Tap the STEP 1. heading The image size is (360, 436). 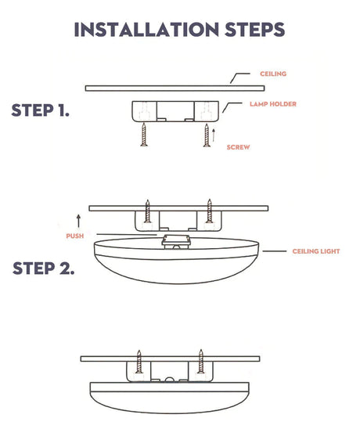tap(40, 110)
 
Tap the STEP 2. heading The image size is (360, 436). tap(43, 269)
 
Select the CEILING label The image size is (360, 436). tap(273, 74)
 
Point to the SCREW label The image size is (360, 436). tap(238, 147)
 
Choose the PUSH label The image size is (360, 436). tap(74, 235)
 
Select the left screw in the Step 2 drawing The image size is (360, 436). tap(146, 212)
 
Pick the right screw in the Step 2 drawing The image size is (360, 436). tap(209, 212)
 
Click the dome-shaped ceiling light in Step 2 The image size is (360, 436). tap(178, 270)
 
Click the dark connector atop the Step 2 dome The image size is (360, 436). tap(178, 240)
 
